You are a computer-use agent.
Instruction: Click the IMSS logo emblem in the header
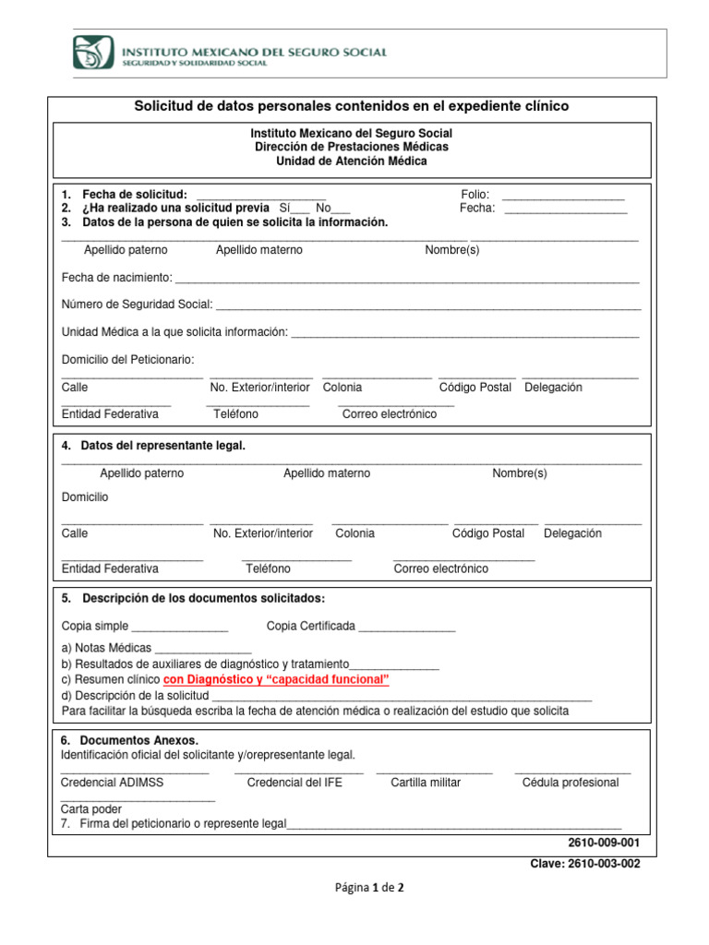(93, 52)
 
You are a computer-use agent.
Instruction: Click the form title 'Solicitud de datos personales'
(352, 107)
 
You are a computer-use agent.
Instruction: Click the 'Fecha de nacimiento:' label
(117, 278)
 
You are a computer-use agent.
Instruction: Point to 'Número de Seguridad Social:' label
(137, 305)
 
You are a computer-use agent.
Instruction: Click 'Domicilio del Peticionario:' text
(128, 359)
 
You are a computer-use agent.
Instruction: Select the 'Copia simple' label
(95, 627)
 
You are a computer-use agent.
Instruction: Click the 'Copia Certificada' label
(310, 627)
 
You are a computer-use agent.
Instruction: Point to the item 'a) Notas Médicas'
(106, 648)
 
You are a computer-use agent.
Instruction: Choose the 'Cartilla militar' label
(426, 783)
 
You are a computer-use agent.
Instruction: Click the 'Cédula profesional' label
(571, 783)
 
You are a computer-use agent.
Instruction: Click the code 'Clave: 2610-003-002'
(583, 864)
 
